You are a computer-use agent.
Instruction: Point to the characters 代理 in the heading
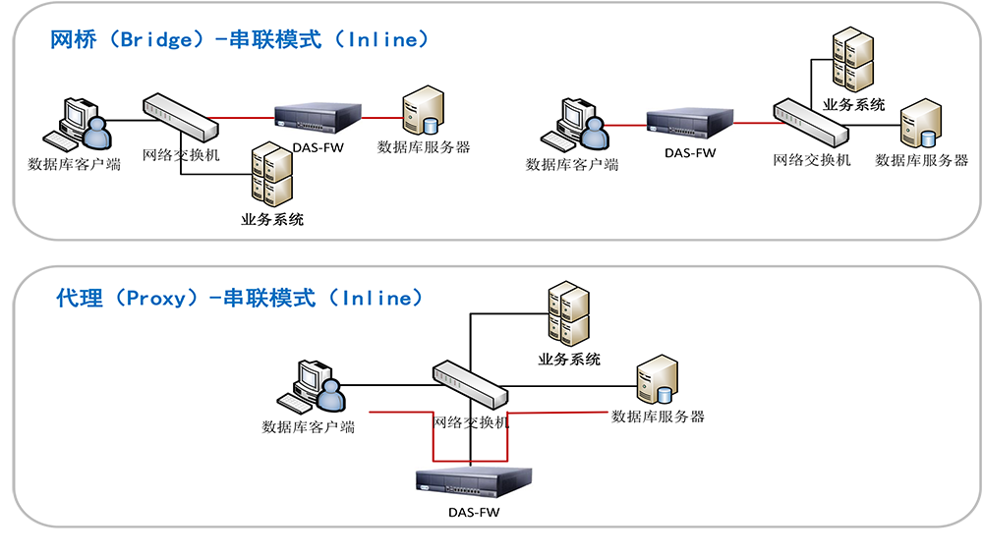80,298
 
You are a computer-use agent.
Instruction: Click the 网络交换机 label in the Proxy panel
472,421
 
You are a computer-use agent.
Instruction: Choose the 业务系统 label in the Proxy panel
569,360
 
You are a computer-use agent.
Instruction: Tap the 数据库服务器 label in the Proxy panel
658,416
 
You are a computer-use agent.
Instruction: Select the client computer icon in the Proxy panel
310,385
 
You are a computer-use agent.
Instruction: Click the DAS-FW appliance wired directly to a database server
318,120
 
